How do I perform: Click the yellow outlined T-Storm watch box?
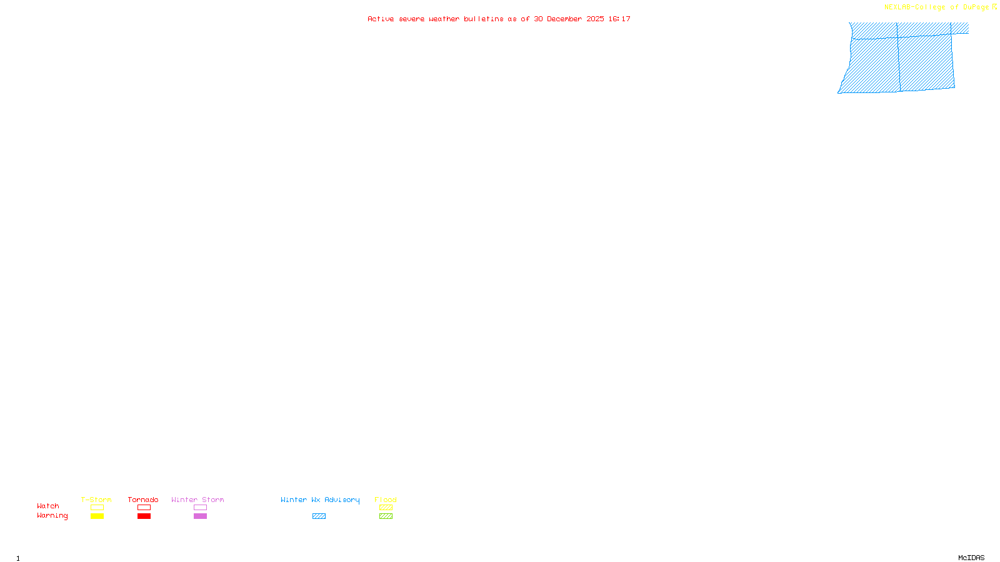97,508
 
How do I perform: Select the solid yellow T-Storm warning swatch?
97,516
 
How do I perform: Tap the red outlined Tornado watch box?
144,508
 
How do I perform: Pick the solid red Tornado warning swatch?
144,516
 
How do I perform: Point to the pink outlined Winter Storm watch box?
200,508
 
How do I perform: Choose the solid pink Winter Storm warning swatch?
200,516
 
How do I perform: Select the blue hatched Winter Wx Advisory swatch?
319,516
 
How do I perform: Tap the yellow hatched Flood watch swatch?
386,508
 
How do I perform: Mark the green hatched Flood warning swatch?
386,516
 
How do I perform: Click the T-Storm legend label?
96,500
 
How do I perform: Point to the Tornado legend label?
143,500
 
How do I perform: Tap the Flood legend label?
386,500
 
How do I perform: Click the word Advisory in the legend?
342,500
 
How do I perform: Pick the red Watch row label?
48,506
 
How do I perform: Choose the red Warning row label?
52,516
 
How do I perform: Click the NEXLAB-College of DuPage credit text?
937,7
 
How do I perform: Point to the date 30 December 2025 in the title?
569,19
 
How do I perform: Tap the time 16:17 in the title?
619,19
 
